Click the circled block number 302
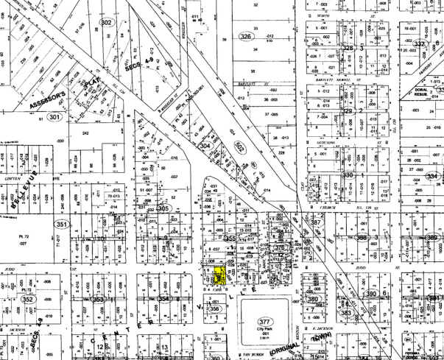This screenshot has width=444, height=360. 107,23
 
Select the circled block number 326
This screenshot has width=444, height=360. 245,36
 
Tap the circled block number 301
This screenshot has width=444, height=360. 54,117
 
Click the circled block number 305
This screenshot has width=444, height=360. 163,208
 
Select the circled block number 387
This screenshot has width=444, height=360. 316,222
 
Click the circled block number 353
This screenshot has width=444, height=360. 98,300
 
